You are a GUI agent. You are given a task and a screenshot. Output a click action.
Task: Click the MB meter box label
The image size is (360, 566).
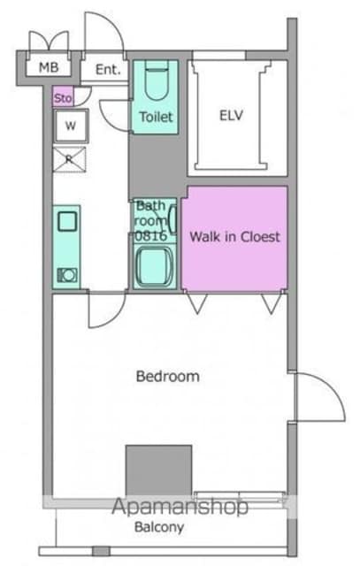[x=49, y=67]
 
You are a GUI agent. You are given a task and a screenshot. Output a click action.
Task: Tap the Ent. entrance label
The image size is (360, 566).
[x=108, y=69]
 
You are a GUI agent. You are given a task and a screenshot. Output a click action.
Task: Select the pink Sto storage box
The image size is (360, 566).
[x=63, y=96]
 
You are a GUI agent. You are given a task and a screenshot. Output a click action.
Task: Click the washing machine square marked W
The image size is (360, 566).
[x=71, y=126]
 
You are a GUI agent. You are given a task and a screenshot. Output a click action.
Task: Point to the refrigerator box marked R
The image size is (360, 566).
[x=69, y=159]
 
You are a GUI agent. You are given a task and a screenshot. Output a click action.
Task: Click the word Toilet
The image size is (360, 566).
[x=156, y=117]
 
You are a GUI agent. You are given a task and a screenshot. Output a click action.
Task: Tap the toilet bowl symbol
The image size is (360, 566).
[x=157, y=80]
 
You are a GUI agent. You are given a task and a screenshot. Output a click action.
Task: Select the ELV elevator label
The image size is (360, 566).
[x=231, y=116]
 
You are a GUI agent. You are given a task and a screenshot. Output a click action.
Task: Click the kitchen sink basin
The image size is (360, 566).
[x=67, y=221]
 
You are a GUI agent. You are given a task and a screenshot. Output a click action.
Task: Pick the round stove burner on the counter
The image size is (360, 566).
[x=67, y=275]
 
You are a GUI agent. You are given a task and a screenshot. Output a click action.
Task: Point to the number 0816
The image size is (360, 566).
[x=151, y=236]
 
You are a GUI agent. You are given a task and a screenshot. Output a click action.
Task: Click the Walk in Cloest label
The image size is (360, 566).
[x=235, y=237]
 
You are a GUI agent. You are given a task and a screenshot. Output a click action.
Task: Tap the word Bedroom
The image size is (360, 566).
[x=168, y=377]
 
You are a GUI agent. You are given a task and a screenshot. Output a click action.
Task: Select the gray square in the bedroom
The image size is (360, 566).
[x=158, y=471]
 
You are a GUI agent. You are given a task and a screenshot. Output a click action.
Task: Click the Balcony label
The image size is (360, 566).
[x=159, y=527]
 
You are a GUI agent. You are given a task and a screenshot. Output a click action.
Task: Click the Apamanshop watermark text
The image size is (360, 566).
[x=180, y=507]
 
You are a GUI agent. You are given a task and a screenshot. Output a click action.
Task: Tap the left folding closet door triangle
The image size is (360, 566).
[x=197, y=303]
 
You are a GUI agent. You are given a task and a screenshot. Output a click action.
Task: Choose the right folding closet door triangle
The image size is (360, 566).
[x=272, y=303]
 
